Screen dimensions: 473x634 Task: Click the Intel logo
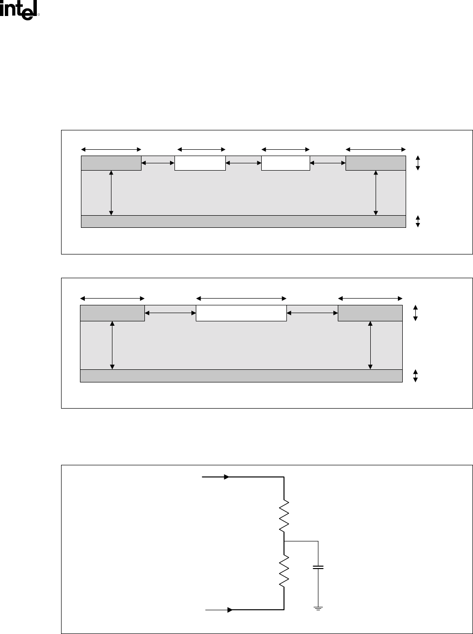coord(19,10)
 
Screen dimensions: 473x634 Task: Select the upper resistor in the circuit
coord(284,516)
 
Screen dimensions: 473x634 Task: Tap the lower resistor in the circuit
coord(284,571)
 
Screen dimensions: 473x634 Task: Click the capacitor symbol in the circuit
coord(318,567)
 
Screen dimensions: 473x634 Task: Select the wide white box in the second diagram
coord(241,313)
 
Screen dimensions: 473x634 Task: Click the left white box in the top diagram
coord(200,163)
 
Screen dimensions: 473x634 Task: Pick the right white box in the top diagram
coord(285,163)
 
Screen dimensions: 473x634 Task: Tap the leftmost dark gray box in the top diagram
coord(111,163)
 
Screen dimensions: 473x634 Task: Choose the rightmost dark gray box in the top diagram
coord(376,163)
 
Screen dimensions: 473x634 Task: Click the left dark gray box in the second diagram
coord(112,313)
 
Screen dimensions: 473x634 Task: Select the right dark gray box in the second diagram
coord(370,313)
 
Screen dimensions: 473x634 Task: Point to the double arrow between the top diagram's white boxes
coord(243,164)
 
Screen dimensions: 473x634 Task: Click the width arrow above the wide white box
coord(241,298)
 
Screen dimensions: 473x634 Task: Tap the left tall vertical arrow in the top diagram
coord(111,192)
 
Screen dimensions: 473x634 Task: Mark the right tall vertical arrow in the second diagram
coord(370,345)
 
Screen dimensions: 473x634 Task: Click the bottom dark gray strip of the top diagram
coord(243,222)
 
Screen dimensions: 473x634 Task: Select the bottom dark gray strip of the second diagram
coord(241,376)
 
